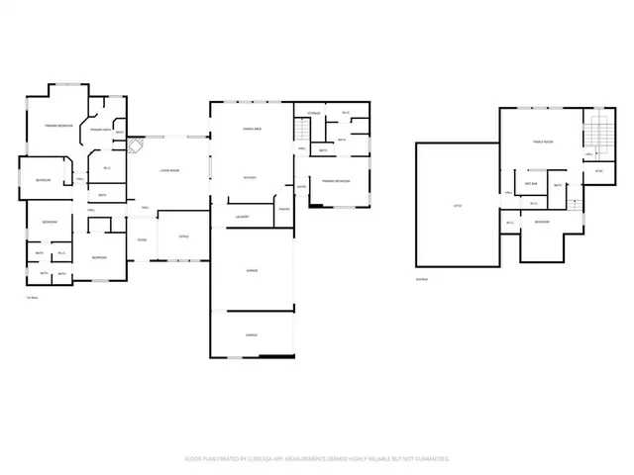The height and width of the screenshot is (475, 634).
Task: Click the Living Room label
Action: (169, 171)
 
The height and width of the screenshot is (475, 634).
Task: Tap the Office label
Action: (183, 237)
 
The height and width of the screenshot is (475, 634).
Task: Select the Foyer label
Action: (142, 239)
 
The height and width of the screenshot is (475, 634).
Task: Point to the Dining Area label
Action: (252, 130)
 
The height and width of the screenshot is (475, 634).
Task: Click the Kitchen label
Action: (252, 177)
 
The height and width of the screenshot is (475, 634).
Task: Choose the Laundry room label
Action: (241, 216)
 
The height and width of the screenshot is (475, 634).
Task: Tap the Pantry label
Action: (282, 209)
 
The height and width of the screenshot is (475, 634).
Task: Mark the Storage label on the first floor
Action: (314, 114)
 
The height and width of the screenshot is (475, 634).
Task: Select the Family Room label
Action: (543, 142)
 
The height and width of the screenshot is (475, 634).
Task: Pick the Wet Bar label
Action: (531, 183)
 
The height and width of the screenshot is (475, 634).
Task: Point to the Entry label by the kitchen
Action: (301, 185)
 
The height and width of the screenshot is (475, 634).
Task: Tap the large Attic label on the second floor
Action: (457, 205)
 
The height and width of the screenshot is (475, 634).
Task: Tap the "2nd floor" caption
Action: (421, 280)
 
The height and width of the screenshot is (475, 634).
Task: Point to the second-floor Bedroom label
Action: (542, 222)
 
